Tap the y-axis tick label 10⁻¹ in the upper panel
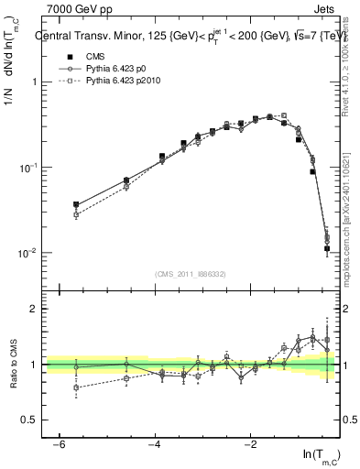click(27, 168)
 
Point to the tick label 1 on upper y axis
click(35, 82)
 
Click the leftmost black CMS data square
click(76, 205)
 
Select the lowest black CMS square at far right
click(327, 248)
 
